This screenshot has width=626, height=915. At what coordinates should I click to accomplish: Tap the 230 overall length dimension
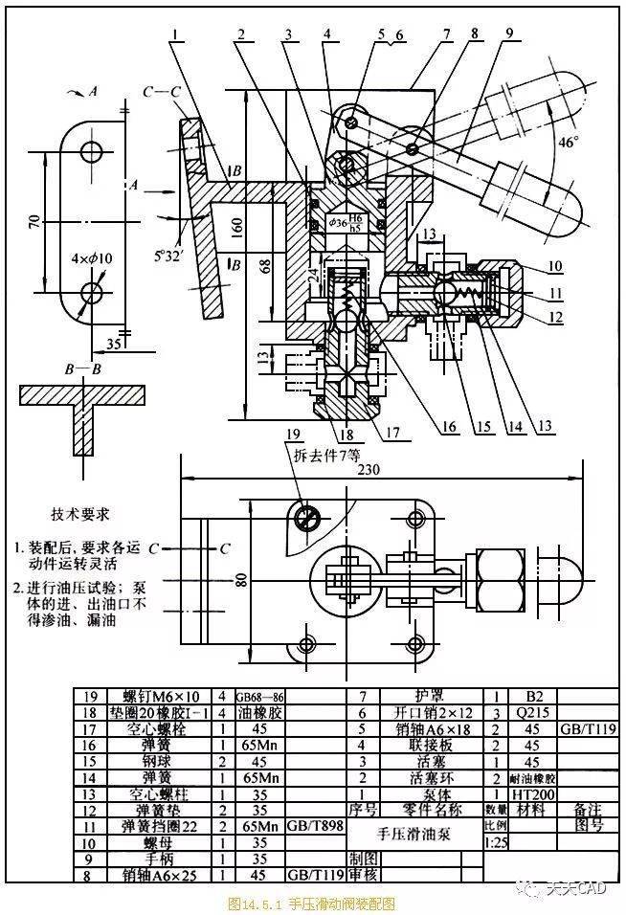coord(382,470)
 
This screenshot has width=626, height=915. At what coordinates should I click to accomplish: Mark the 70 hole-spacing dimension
coord(34,221)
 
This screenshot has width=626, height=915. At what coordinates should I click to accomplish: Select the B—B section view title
coord(83,367)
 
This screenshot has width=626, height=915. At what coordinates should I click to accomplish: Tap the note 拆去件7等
coord(326,453)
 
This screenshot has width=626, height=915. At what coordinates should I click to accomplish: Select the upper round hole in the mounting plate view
coord(93,151)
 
